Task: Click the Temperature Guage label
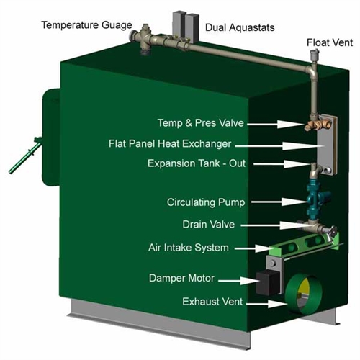[86, 25]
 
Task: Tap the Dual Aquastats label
[240, 27]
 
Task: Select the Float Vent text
[330, 42]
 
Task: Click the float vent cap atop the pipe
[314, 55]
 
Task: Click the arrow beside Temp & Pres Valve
[276, 124]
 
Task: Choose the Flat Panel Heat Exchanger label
[170, 144]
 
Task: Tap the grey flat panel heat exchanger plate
[328, 144]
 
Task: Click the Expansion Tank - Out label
[197, 163]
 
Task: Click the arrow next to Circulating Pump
[279, 202]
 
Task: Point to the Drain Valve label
[209, 225]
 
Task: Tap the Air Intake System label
[189, 248]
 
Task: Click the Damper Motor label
[181, 278]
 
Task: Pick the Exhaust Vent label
[212, 302]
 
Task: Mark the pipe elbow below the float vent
[312, 71]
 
